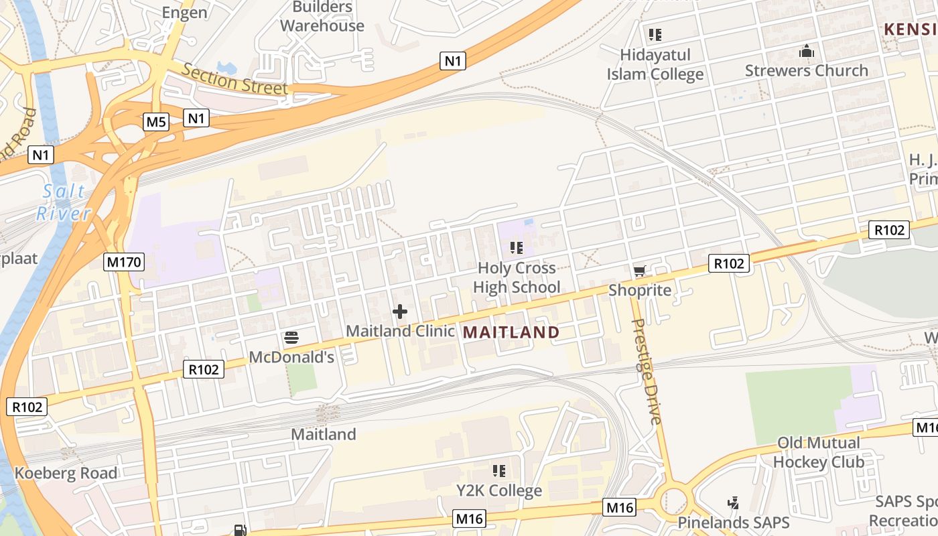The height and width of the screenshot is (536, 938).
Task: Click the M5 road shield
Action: [x=156, y=122]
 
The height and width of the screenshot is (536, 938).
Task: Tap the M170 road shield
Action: [x=124, y=261]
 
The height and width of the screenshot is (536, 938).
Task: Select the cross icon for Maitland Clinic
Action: [x=400, y=312]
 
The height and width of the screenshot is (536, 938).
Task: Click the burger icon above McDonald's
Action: [x=291, y=337]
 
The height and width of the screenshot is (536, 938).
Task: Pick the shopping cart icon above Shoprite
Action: [x=639, y=271]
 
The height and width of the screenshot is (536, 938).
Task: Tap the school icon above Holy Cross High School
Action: [x=516, y=249]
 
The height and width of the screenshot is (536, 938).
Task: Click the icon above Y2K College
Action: [x=498, y=471]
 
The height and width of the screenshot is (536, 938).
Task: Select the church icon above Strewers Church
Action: [x=806, y=51]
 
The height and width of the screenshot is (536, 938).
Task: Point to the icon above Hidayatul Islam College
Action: [x=655, y=35]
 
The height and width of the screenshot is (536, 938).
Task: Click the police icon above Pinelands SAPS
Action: [x=733, y=503]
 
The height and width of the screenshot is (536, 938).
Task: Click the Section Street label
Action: [x=234, y=79]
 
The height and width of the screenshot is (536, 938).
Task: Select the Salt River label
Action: [x=64, y=202]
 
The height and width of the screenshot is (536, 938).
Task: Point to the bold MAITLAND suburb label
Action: [x=511, y=332]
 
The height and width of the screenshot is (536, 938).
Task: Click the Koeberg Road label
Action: [x=66, y=473]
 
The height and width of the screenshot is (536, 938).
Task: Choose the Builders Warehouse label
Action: [x=322, y=17]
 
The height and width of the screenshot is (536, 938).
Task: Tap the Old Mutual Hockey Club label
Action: [x=818, y=452]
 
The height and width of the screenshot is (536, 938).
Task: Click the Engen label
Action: [x=185, y=12]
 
